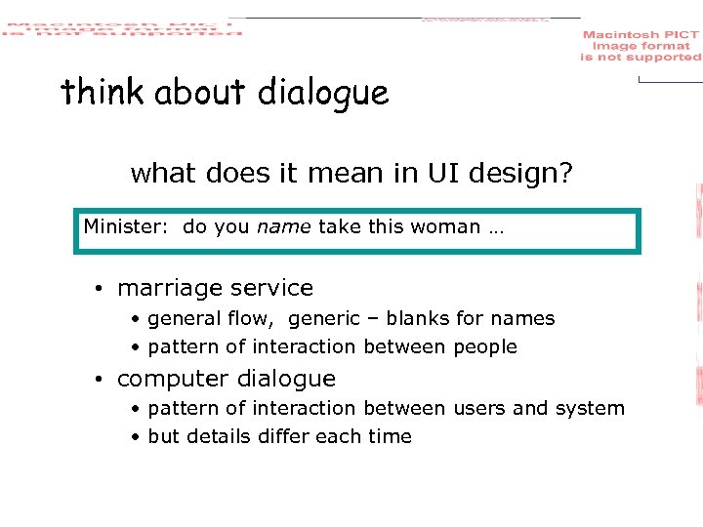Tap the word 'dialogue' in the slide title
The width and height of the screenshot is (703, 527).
323,95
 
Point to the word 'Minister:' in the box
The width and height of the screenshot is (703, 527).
126,227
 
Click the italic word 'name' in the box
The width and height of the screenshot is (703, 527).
283,227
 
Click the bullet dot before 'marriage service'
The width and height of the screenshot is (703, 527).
100,289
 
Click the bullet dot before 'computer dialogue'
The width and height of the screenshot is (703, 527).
100,379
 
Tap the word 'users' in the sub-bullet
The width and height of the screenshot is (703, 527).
478,409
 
